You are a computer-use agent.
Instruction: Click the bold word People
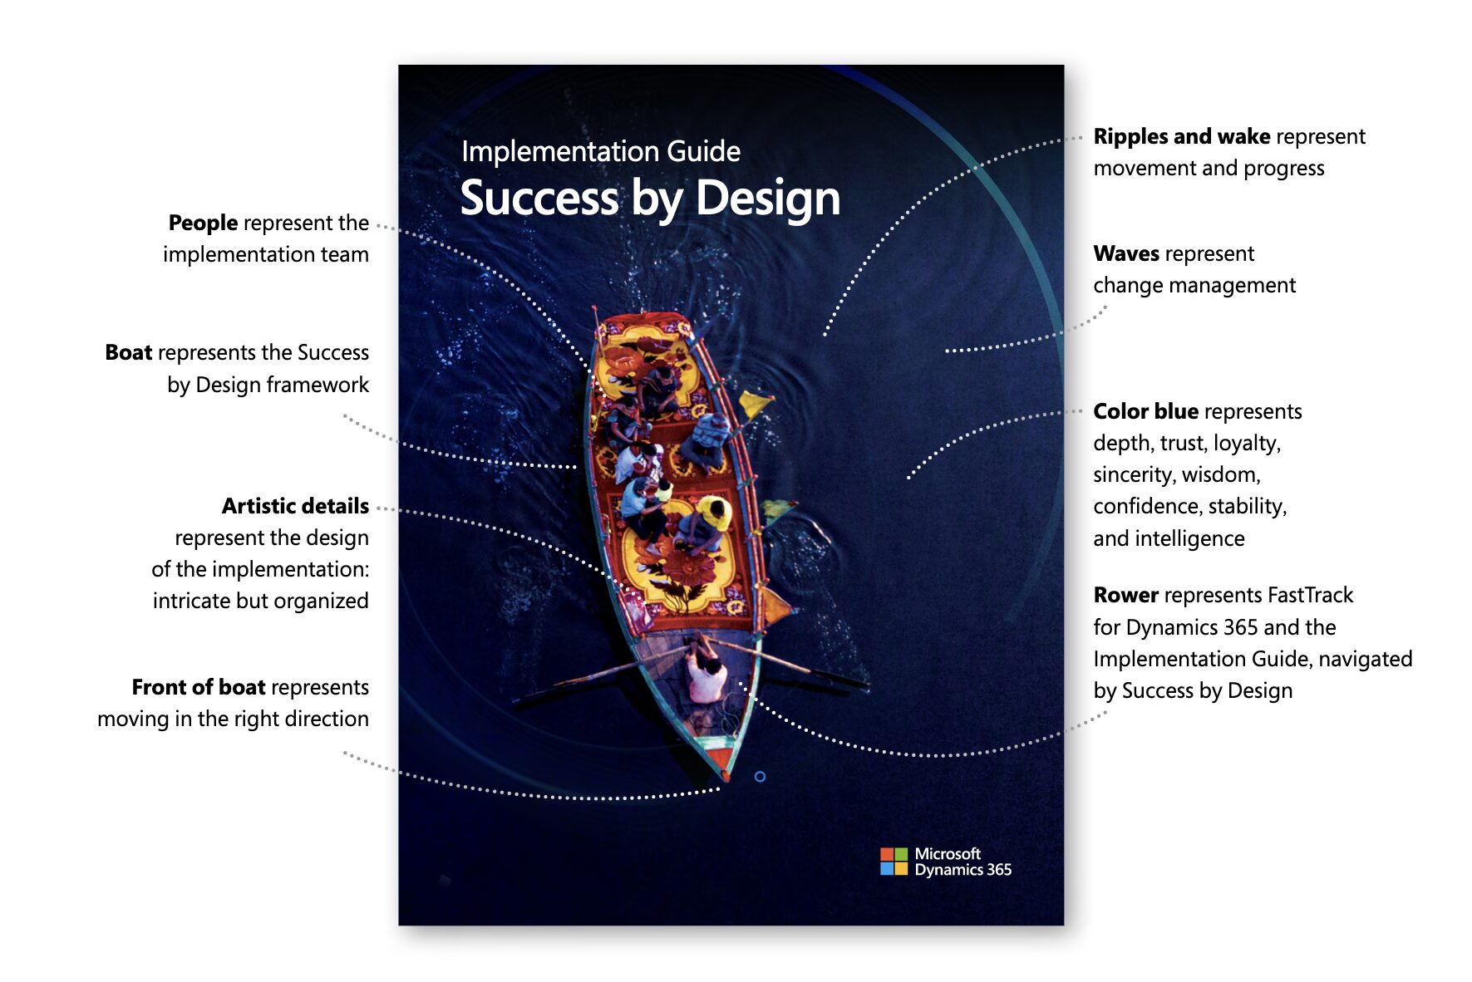point(203,223)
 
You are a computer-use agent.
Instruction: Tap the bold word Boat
point(128,352)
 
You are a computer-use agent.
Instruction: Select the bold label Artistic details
point(295,506)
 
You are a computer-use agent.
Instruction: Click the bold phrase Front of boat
point(198,687)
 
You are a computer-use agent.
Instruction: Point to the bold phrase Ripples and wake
point(1181,136)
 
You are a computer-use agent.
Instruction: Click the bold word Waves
point(1125,253)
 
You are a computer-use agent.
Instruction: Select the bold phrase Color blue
point(1145,411)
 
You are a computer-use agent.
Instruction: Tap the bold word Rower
point(1125,595)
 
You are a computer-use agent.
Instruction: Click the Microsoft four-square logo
point(894,862)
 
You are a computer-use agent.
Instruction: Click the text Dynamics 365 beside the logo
point(962,870)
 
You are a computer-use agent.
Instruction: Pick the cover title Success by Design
point(650,199)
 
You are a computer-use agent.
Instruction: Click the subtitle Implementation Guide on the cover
point(600,151)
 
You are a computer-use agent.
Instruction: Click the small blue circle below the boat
point(760,777)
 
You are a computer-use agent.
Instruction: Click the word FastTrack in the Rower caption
point(1310,595)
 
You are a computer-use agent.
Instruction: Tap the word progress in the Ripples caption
point(1283,168)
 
